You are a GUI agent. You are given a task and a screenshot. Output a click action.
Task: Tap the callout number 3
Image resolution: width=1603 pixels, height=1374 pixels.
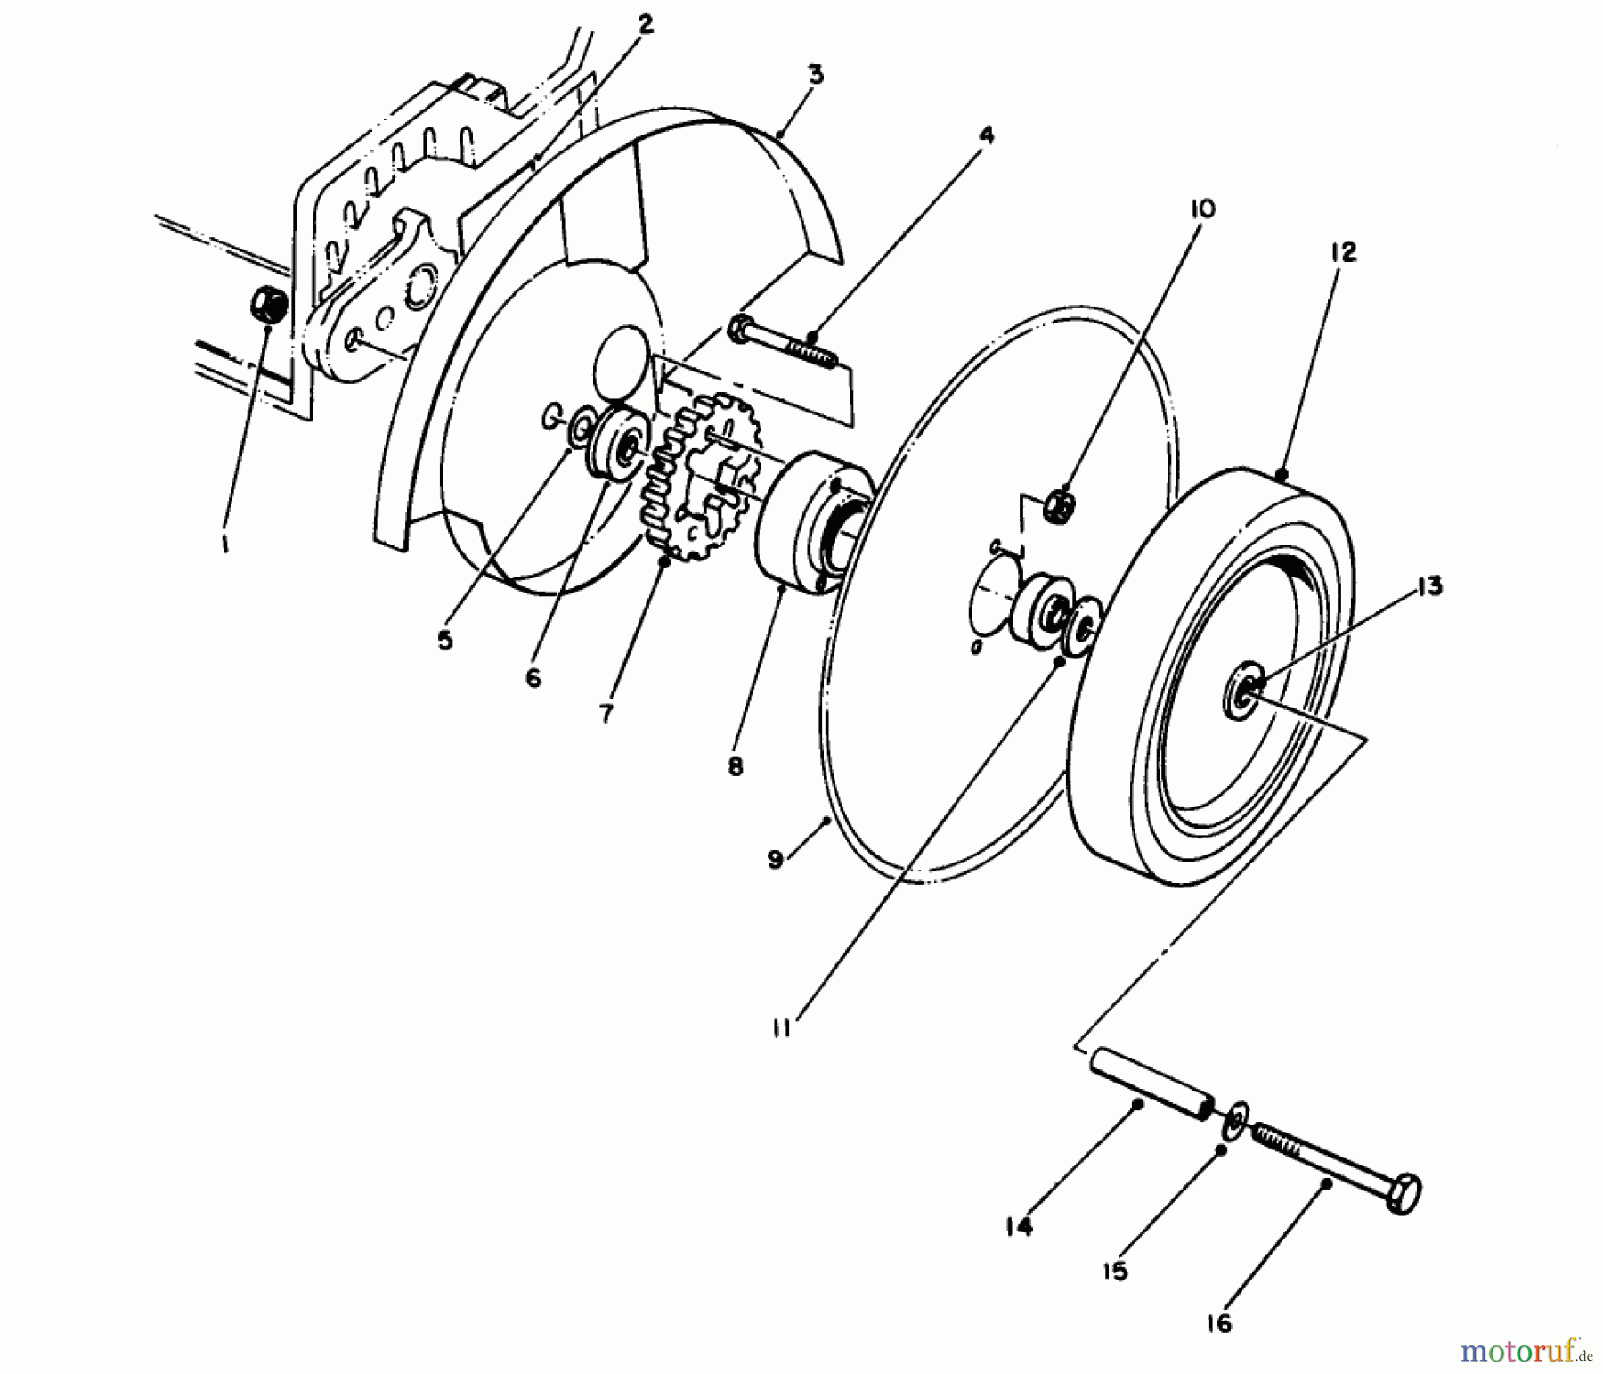coord(816,74)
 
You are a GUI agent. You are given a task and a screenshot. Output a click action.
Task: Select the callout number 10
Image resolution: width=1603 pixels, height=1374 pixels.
coord(1201,209)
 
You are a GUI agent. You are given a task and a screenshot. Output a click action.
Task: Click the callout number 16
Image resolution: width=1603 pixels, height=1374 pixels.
coord(1219,1324)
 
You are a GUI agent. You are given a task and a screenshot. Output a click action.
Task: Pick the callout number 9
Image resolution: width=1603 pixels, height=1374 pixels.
coord(775,860)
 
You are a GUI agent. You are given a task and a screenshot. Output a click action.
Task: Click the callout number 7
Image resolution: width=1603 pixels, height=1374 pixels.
coord(606,713)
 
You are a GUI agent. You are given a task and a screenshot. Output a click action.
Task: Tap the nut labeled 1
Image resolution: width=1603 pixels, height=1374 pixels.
coord(267,305)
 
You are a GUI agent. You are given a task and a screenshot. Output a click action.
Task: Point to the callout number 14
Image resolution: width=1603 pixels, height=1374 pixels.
coord(1019,1227)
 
